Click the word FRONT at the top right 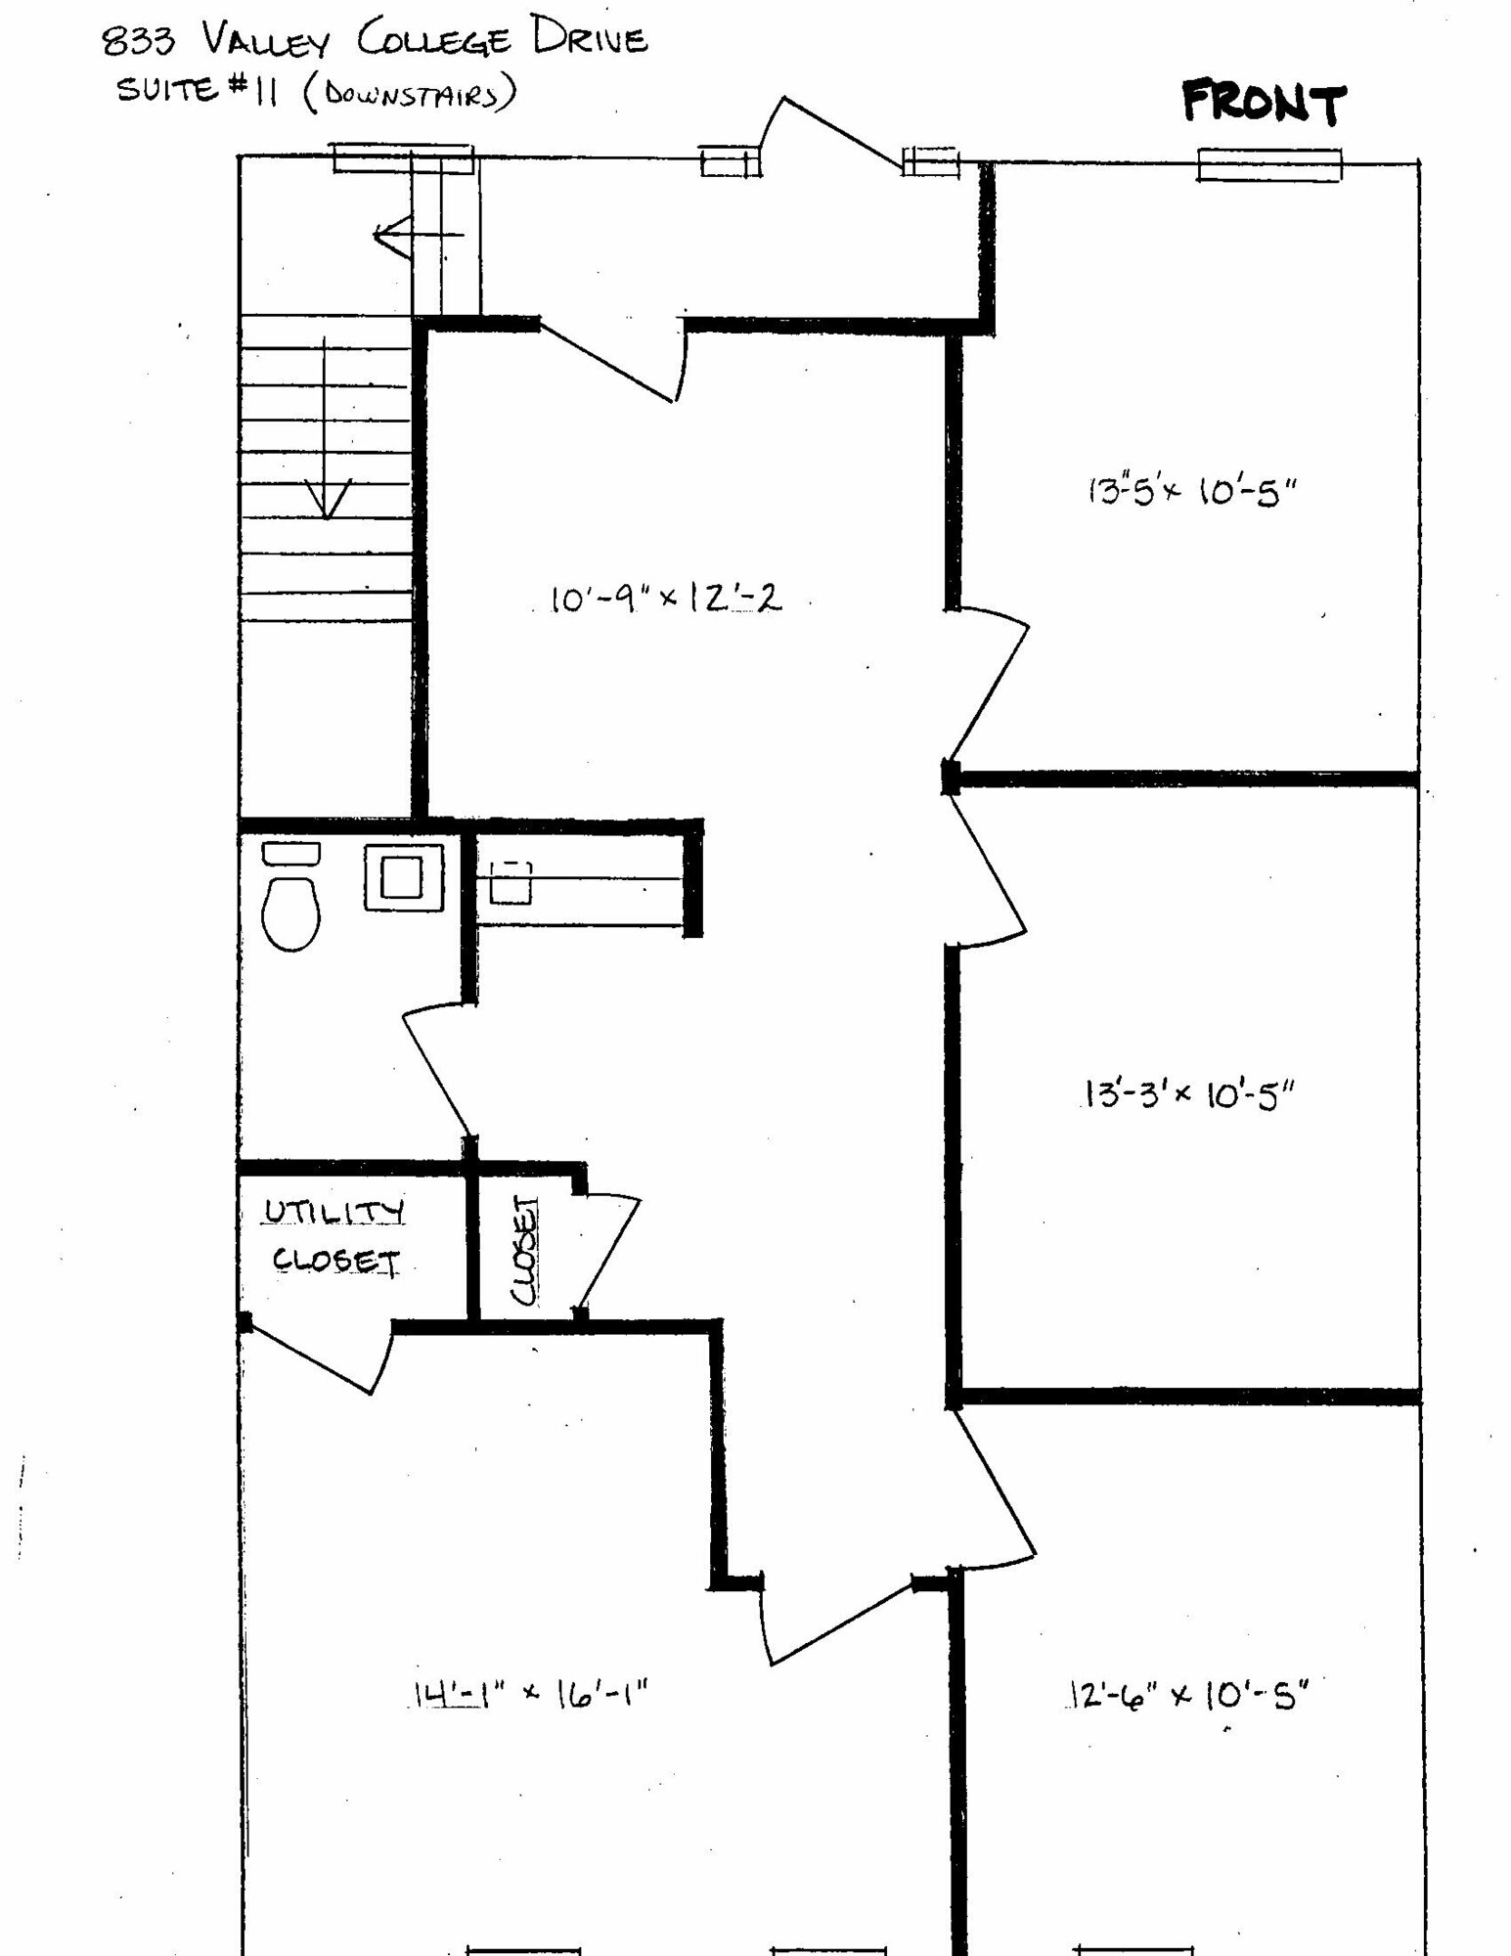click(1264, 103)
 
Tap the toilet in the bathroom click(291, 897)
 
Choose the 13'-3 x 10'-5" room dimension click(1188, 1094)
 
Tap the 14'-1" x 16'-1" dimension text click(528, 1691)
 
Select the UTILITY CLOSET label click(333, 1237)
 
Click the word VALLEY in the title click(268, 41)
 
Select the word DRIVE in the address click(590, 39)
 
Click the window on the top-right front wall click(1270, 165)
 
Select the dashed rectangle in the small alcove click(511, 881)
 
